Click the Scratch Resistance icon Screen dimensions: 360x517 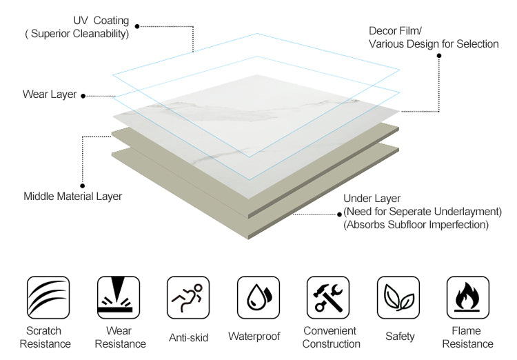click(x=48, y=297)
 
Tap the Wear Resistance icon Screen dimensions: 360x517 click(x=118, y=297)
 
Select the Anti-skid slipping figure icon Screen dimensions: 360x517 click(x=188, y=297)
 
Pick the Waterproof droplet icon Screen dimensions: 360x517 click(x=258, y=297)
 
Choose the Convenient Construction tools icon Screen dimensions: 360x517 click(x=329, y=297)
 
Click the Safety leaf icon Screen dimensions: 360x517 click(x=399, y=297)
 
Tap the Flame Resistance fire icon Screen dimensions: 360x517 click(x=469, y=297)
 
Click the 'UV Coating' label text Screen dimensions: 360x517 click(x=101, y=21)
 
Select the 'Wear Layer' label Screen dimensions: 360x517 click(x=50, y=94)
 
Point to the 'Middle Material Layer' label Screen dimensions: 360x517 click(x=73, y=197)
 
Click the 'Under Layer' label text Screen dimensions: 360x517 click(x=372, y=199)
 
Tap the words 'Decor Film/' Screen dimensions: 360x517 click(x=395, y=31)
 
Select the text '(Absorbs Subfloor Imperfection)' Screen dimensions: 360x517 click(x=416, y=225)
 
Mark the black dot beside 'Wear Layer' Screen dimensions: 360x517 click(x=83, y=96)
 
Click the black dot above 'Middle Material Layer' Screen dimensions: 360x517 click(x=83, y=185)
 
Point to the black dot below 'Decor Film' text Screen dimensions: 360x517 click(x=439, y=57)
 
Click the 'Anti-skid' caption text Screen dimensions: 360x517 click(x=188, y=337)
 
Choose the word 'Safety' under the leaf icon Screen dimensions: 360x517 click(x=400, y=337)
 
